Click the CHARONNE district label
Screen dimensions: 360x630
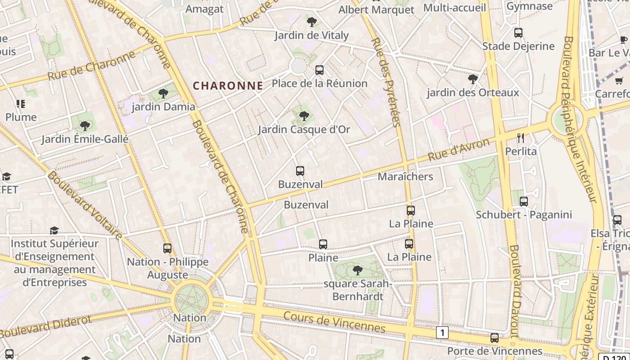(228, 85)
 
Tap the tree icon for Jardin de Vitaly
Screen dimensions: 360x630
(311, 22)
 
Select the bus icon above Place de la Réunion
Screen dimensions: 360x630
(319, 70)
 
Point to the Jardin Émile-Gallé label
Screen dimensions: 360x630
(85, 139)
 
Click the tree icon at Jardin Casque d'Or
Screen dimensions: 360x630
(304, 116)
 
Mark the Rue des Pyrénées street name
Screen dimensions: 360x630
(386, 82)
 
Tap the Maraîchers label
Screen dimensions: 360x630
(405, 176)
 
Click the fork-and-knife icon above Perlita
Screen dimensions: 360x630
(521, 138)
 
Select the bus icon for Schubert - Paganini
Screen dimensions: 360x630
(524, 201)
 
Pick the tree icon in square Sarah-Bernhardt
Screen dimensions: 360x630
(358, 270)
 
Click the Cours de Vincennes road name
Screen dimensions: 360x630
(334, 322)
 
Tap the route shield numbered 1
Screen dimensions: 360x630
(442, 333)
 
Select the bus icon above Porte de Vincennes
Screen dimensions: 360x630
(495, 337)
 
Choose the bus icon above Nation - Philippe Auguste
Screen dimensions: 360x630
(167, 248)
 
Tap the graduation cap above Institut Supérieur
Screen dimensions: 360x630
(54, 230)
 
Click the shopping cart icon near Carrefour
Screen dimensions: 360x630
(619, 81)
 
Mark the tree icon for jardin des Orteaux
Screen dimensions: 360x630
(472, 79)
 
